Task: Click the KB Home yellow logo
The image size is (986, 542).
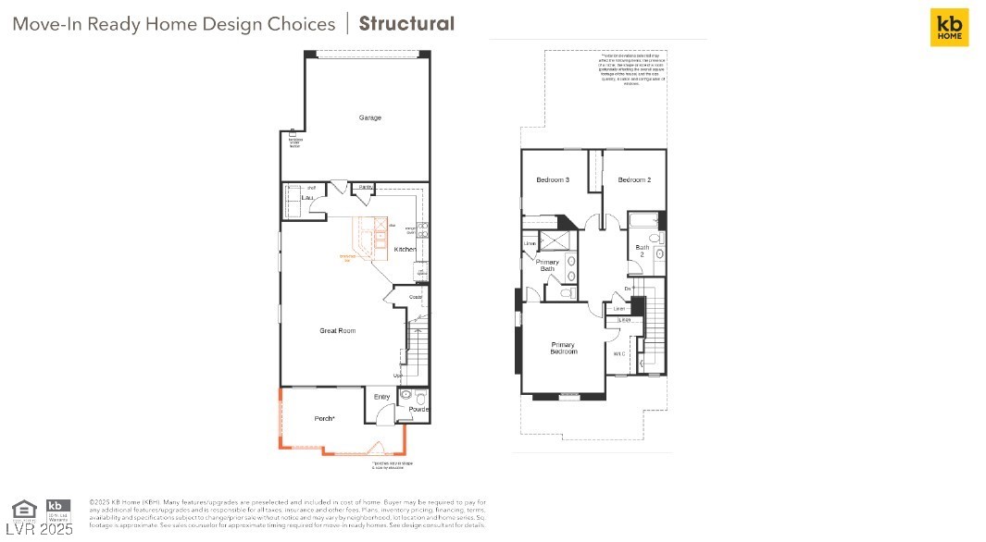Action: coord(949,27)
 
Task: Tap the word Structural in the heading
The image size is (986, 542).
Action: coord(406,23)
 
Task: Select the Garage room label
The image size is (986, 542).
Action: coord(370,117)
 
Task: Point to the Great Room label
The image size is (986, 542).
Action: coord(337,330)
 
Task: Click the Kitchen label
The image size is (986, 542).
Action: coord(406,250)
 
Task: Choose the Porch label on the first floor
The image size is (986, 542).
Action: coord(324,419)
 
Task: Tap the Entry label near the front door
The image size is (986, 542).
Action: coord(381,398)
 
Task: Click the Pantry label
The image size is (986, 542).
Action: coord(366,188)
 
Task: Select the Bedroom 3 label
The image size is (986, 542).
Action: coord(553,179)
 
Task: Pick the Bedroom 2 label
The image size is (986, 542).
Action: coord(634,179)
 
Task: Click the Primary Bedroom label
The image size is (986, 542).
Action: coord(563,348)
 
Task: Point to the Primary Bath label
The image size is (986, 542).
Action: coord(547,265)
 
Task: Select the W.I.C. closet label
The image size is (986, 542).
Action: coord(618,353)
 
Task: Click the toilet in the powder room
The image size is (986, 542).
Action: coord(406,396)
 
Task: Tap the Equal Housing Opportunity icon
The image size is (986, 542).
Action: coord(24,508)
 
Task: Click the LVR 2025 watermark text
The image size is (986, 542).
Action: coord(39,529)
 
